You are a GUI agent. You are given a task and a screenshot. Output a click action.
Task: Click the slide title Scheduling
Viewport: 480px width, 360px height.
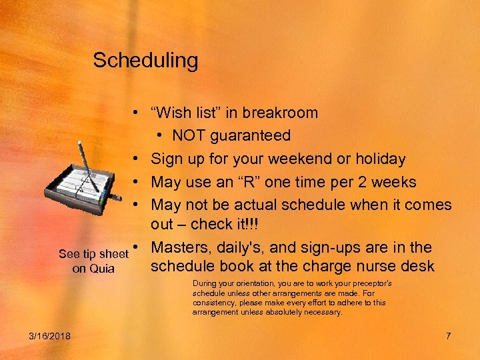145,61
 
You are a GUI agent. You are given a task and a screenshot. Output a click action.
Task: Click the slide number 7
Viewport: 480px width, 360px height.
448,335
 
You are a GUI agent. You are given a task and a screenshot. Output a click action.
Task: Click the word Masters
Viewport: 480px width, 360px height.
179,248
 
